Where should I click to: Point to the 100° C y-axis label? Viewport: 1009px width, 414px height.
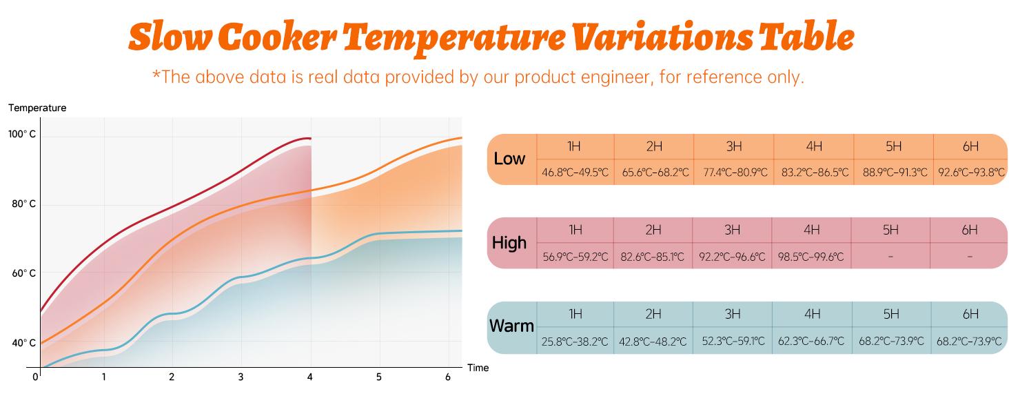(22, 135)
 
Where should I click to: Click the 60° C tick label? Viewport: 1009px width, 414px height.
(23, 274)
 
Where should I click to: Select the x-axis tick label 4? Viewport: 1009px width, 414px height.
(310, 377)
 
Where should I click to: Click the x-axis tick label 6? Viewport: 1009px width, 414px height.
(448, 377)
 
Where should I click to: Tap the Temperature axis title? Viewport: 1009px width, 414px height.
(37, 108)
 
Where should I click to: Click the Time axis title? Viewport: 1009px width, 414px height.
(478, 368)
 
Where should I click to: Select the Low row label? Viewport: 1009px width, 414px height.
(509, 159)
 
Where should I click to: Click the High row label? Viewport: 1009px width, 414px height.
(509, 243)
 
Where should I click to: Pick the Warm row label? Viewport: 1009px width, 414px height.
(511, 326)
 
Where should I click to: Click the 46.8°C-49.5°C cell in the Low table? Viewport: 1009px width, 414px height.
(575, 172)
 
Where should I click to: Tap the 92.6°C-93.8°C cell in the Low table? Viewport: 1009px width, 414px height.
(971, 172)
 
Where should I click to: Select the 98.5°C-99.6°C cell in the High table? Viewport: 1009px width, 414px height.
(811, 257)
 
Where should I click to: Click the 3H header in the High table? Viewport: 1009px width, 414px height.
(733, 230)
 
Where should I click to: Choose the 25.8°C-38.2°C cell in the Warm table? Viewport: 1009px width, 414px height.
(575, 342)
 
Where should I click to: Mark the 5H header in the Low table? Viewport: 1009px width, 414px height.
(894, 146)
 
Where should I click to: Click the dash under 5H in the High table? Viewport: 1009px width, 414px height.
(890, 257)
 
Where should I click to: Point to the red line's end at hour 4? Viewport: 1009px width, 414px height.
(310, 138)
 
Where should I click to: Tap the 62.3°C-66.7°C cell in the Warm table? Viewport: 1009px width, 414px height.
(811, 341)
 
